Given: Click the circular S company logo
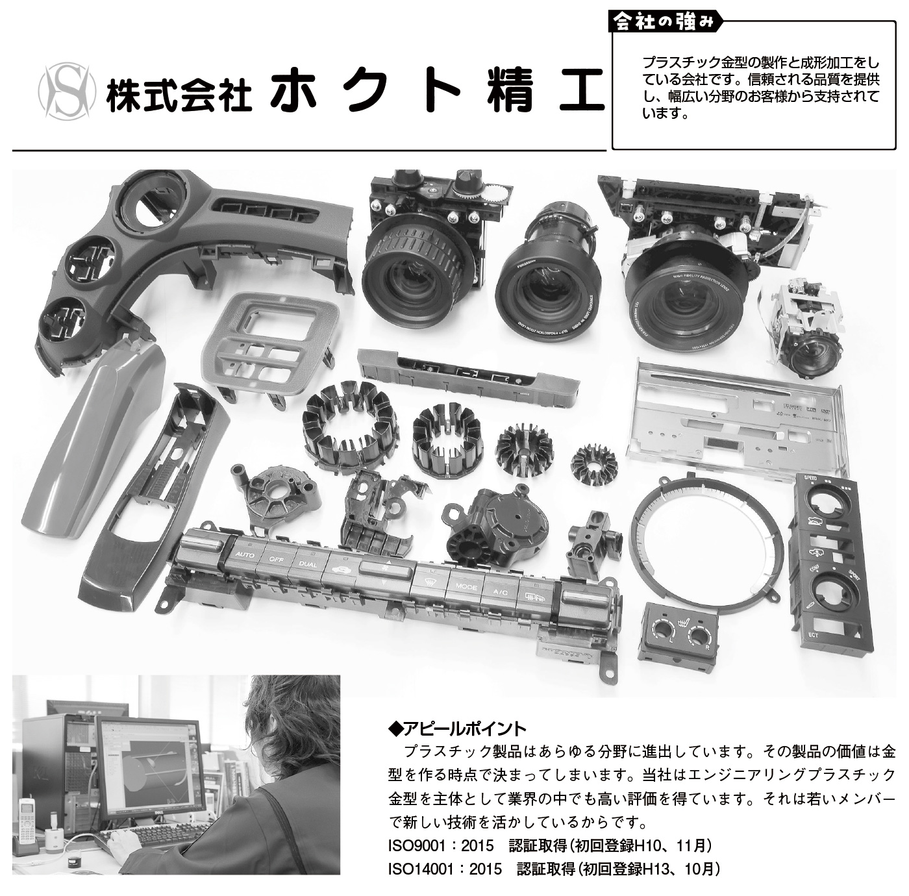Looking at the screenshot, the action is pyautogui.click(x=67, y=92).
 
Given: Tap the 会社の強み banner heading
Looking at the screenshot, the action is pyautogui.click(x=665, y=21).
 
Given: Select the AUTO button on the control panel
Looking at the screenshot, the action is pyautogui.click(x=245, y=555).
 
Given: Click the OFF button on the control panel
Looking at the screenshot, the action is pyautogui.click(x=277, y=560).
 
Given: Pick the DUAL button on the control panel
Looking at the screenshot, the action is pyautogui.click(x=308, y=564).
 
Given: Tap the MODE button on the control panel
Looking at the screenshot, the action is pyautogui.click(x=466, y=587).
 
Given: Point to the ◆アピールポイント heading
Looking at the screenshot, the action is pyautogui.click(x=456, y=729).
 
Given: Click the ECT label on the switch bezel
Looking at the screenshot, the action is pyautogui.click(x=814, y=635).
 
